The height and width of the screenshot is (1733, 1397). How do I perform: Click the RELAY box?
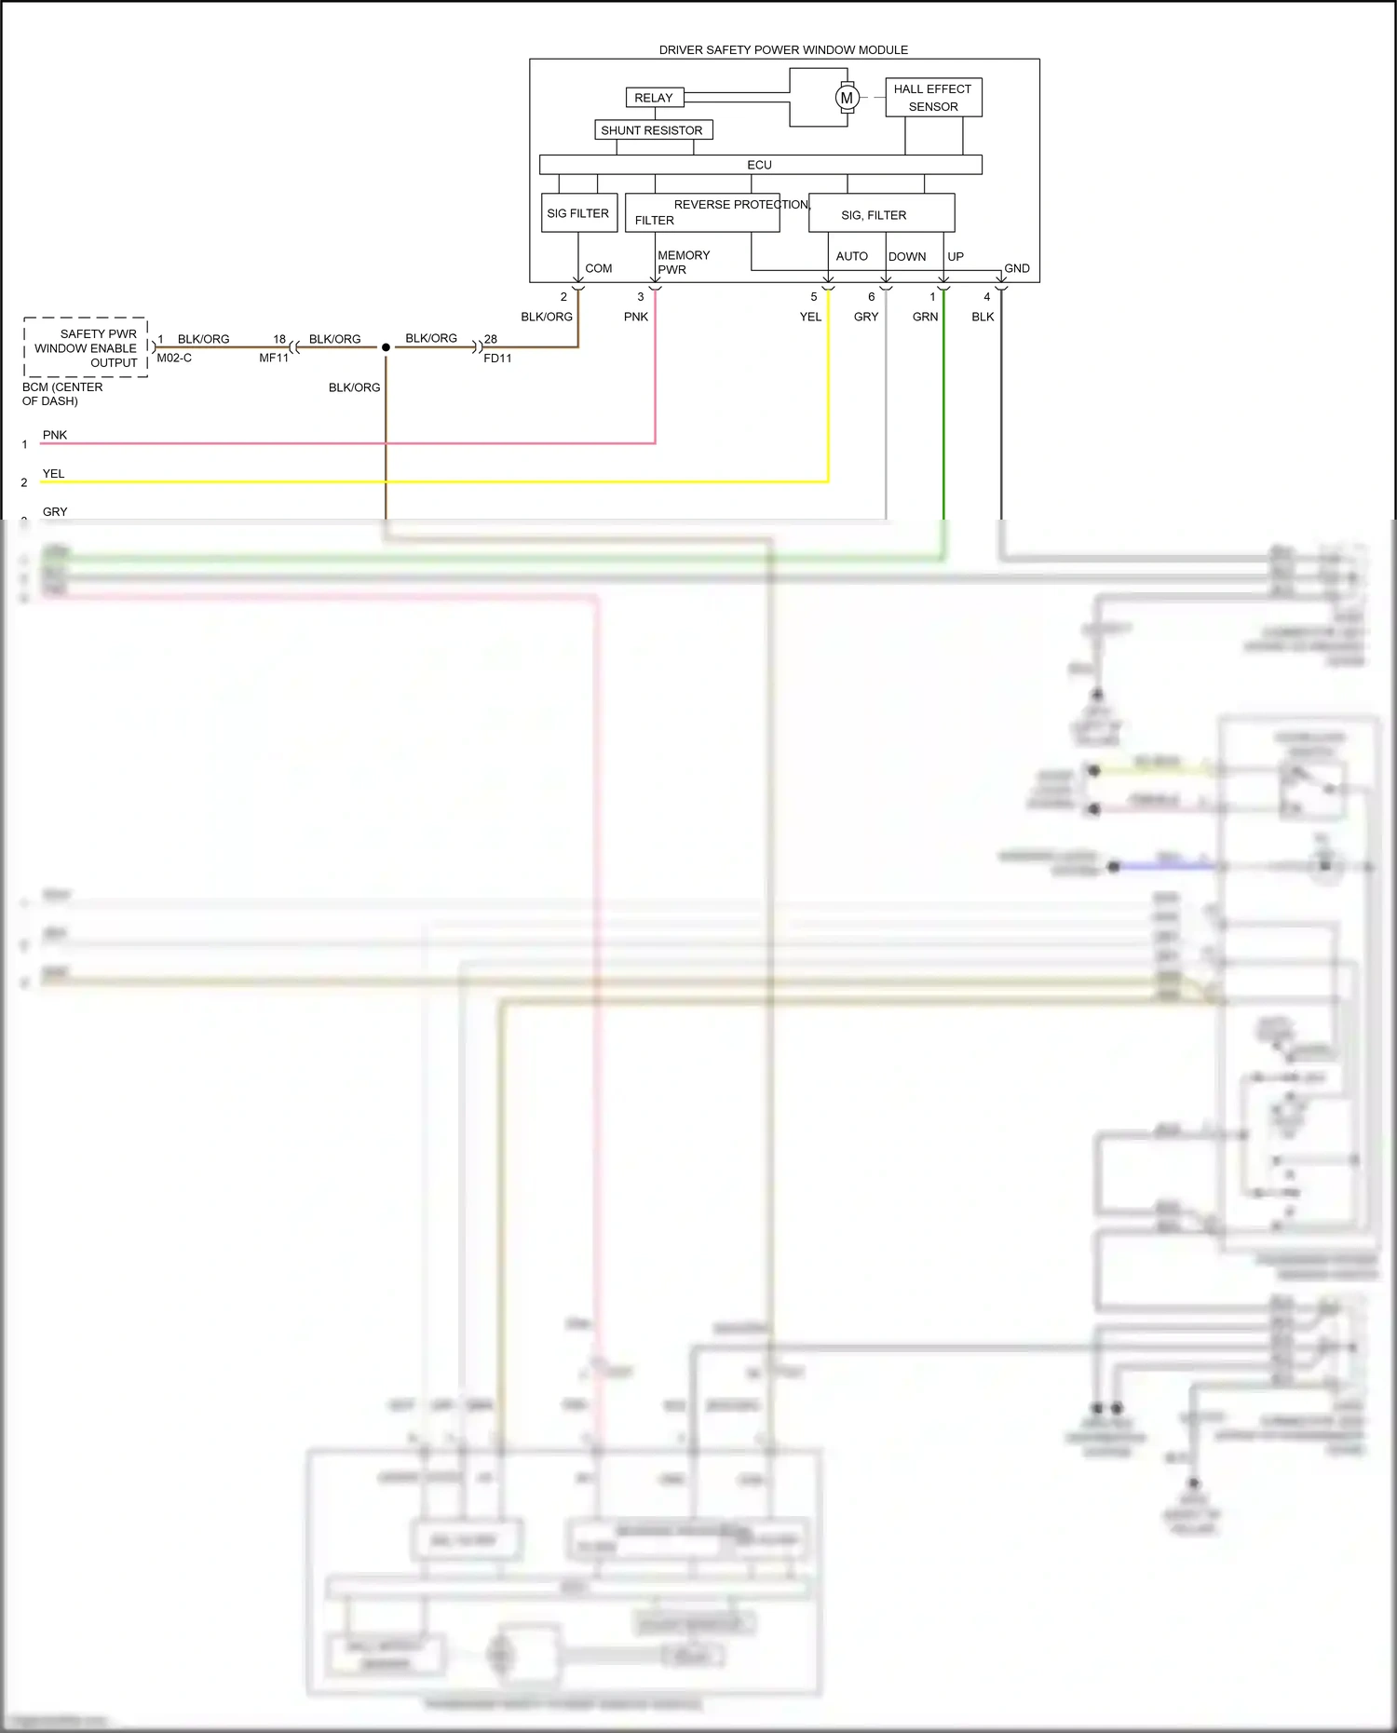[x=653, y=98]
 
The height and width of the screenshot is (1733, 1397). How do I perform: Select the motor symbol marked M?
[x=847, y=98]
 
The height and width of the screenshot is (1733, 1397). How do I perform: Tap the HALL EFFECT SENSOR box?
[x=933, y=98]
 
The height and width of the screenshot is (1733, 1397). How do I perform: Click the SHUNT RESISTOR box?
[x=653, y=130]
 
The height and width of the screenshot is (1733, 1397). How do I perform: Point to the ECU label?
[x=759, y=165]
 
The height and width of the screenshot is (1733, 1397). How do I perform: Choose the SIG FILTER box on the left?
[x=578, y=213]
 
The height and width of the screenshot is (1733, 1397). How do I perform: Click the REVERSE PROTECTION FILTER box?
[x=702, y=213]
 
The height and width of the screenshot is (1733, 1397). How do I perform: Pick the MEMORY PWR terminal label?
[x=683, y=263]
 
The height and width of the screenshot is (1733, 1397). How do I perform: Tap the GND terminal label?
[x=1016, y=268]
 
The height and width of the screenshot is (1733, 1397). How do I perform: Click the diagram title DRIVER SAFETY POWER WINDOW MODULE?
[x=783, y=50]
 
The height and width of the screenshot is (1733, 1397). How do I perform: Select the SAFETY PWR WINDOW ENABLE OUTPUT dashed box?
[x=86, y=347]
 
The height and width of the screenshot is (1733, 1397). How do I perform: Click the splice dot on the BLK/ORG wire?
[x=386, y=347]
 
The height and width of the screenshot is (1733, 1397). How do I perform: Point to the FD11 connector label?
[x=497, y=359]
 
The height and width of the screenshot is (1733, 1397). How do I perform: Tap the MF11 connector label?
[x=274, y=359]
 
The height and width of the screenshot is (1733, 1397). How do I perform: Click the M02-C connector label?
[x=174, y=359]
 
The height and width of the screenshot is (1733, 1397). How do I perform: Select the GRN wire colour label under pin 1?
[x=925, y=318]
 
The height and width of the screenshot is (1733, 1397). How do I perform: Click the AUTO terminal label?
[x=851, y=256]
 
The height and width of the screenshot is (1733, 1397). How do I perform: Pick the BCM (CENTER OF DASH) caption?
[x=62, y=394]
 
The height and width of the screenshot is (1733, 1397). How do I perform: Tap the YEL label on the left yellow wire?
[x=54, y=474]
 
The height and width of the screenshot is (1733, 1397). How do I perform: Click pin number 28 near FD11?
[x=491, y=339]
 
